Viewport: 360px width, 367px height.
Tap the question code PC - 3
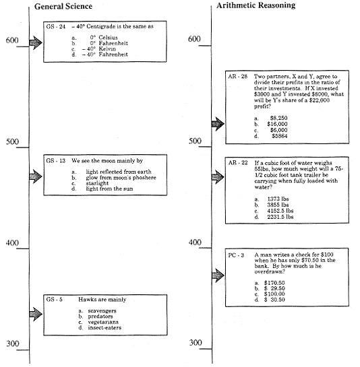236,256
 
